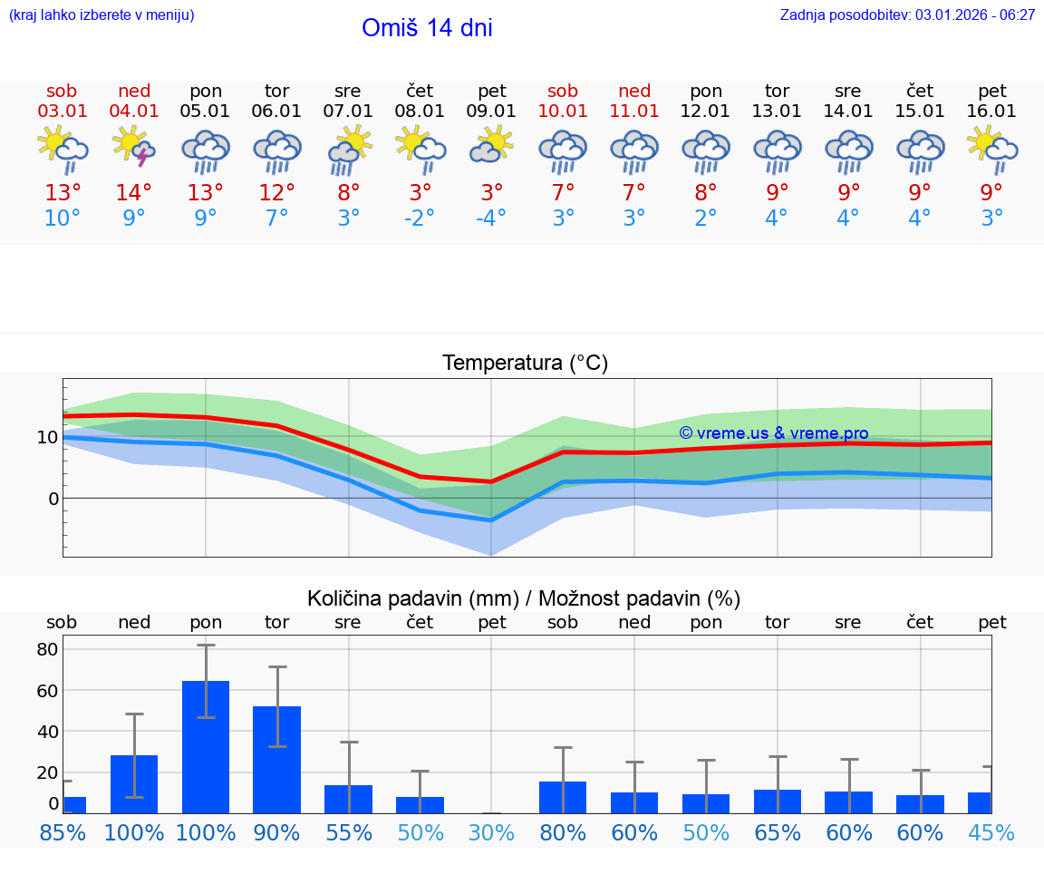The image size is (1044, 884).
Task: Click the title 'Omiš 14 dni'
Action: pyautogui.click(x=427, y=28)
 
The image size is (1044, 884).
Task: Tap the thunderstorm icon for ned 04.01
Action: pyautogui.click(x=133, y=148)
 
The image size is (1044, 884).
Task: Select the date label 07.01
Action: pyautogui.click(x=348, y=112)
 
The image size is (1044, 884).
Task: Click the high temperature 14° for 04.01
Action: pyautogui.click(x=133, y=193)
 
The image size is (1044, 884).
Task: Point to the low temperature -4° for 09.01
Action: pyautogui.click(x=491, y=219)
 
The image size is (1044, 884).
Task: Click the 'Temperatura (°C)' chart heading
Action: pyautogui.click(x=525, y=364)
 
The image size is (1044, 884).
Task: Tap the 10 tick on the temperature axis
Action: pyautogui.click(x=47, y=437)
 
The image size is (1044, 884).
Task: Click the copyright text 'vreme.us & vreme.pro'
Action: pyautogui.click(x=774, y=433)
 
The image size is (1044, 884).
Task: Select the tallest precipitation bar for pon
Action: pyautogui.click(x=206, y=746)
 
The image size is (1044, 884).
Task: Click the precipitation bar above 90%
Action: pyautogui.click(x=276, y=759)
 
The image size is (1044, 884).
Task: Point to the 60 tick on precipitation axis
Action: pyautogui.click(x=47, y=691)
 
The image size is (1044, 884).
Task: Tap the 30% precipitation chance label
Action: pyautogui.click(x=491, y=832)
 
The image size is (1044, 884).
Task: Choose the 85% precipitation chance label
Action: pyautogui.click(x=63, y=832)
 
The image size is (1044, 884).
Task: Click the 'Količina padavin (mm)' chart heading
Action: pyautogui.click(x=524, y=598)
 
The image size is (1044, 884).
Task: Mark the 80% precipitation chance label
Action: pyautogui.click(x=563, y=832)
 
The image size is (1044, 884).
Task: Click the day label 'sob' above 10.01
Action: pyautogui.click(x=563, y=91)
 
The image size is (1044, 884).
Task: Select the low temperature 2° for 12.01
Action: pyautogui.click(x=706, y=219)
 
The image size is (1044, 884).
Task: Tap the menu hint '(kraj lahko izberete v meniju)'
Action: pyautogui.click(x=101, y=15)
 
